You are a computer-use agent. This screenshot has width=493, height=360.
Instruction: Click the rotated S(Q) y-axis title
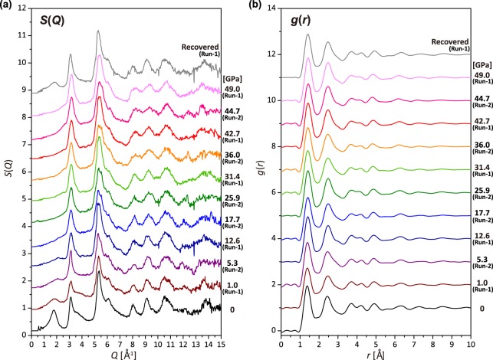[8, 178]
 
